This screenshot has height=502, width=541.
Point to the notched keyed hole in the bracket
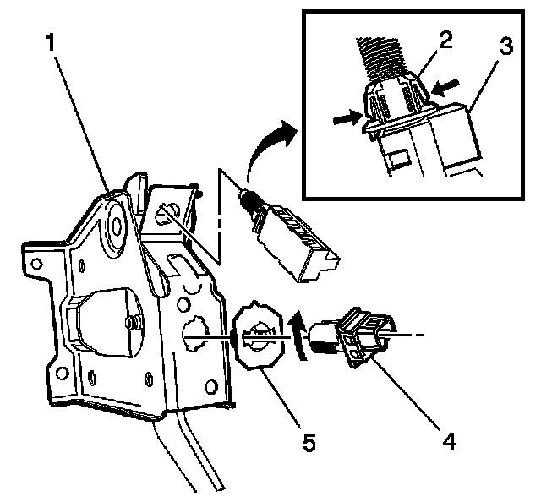pyautogui.click(x=195, y=328)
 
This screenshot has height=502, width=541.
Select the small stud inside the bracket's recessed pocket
pyautogui.click(x=134, y=322)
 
